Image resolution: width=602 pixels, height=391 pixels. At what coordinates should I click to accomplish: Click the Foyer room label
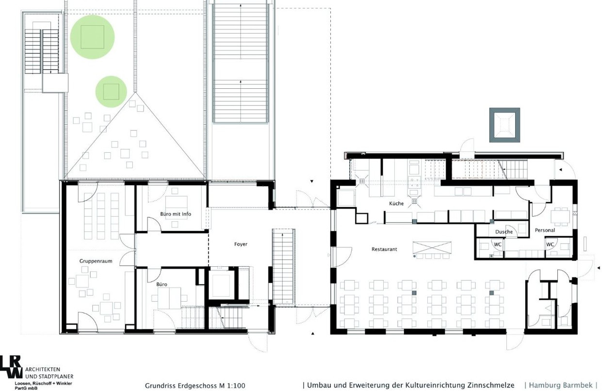(x=241, y=244)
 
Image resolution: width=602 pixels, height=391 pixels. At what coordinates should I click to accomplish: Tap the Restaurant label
(x=384, y=249)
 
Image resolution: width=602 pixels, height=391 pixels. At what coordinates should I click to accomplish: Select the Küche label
(x=396, y=203)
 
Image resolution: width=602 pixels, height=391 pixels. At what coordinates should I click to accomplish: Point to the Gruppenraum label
(x=96, y=261)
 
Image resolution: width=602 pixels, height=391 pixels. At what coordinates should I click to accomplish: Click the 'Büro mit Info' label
(x=176, y=214)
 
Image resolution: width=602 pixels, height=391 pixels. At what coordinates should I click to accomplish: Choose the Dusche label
(x=504, y=232)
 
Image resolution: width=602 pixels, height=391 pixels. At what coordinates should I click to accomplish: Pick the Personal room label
(x=545, y=230)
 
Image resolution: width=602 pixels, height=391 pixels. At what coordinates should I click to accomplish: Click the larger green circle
(x=93, y=37)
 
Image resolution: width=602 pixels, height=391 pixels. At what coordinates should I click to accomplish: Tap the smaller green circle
(x=111, y=92)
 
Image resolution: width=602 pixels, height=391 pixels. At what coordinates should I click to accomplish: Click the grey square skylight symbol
(x=504, y=125)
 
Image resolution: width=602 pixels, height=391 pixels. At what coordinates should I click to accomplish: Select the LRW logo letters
(x=11, y=367)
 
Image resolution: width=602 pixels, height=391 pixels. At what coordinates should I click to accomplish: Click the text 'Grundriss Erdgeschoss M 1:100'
(x=195, y=386)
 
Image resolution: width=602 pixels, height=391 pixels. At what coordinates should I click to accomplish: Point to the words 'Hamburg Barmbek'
(x=561, y=385)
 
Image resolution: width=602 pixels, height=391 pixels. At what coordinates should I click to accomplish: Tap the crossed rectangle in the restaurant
(x=432, y=247)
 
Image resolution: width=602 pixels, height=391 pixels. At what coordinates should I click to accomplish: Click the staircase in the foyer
(x=283, y=267)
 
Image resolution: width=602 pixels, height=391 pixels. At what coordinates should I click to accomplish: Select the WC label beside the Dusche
(x=498, y=244)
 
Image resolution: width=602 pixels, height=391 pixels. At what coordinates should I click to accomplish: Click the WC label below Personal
(x=550, y=244)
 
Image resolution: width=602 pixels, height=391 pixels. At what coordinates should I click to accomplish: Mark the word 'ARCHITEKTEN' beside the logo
(x=43, y=370)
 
